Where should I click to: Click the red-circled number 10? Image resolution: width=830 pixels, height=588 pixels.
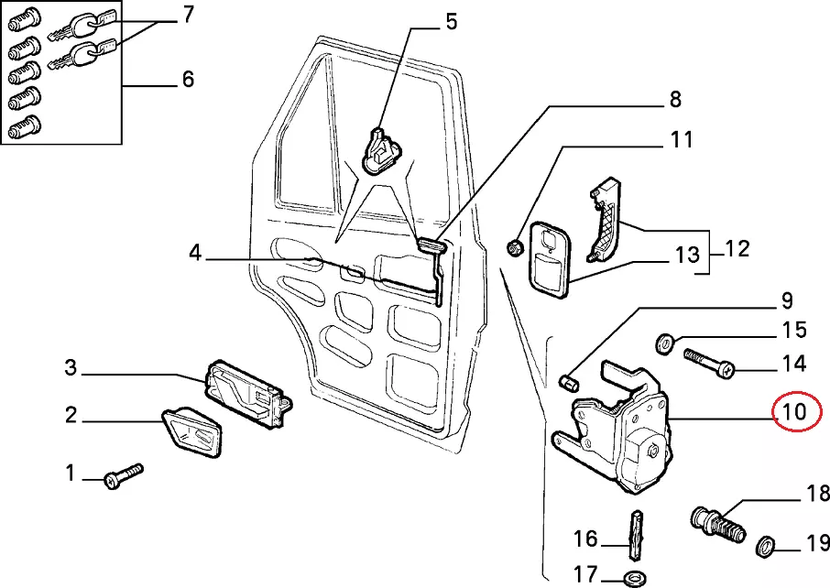(793, 412)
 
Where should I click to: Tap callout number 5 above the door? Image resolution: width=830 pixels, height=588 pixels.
(451, 21)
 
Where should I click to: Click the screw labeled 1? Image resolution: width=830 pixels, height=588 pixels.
(125, 475)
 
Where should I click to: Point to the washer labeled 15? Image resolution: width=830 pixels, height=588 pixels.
(664, 343)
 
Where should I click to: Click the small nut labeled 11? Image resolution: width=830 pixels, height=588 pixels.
(515, 246)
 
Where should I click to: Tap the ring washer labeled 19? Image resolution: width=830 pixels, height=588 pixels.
(765, 549)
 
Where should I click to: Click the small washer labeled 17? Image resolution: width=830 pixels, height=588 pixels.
(633, 577)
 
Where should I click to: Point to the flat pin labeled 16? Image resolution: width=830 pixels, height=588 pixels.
(633, 533)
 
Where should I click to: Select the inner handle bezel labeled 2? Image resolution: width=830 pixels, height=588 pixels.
(191, 432)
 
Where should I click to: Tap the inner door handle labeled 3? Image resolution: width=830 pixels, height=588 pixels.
(246, 392)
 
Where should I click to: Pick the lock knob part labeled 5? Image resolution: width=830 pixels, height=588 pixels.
(380, 148)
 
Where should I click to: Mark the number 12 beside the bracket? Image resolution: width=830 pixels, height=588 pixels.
(737, 248)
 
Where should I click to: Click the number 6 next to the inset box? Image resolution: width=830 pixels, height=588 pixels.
(187, 80)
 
